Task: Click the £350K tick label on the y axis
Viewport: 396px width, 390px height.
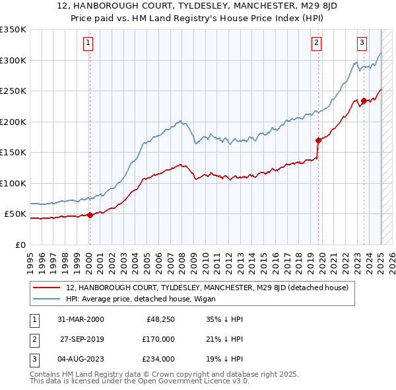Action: (x=13, y=30)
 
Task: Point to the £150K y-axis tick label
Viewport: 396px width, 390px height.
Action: (x=13, y=153)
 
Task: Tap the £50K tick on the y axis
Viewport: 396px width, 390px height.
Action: (x=15, y=214)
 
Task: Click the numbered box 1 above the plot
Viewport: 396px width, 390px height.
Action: (x=88, y=44)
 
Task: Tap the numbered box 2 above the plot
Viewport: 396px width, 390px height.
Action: (x=317, y=44)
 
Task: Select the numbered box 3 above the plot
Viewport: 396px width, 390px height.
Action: (x=362, y=44)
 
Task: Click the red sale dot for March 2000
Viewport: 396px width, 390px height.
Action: (x=90, y=215)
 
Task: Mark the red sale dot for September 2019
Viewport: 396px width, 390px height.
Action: (x=318, y=140)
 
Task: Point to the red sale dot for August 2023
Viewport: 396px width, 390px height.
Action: (x=364, y=101)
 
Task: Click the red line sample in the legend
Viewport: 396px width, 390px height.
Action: (x=47, y=288)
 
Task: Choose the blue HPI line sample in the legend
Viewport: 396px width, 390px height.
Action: (x=47, y=299)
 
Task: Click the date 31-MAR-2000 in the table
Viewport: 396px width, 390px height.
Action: (x=81, y=319)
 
